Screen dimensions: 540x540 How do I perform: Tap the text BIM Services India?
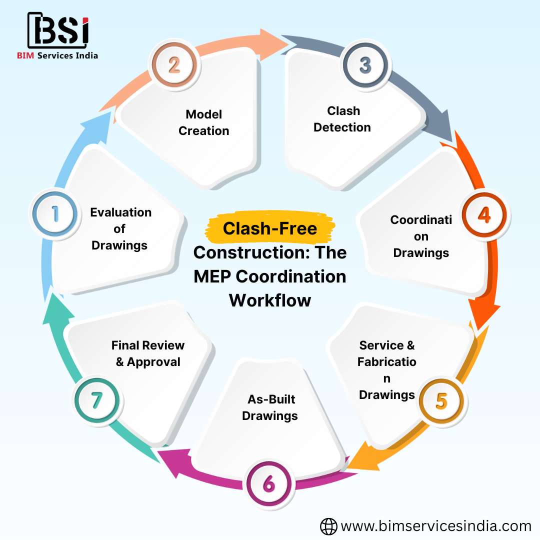pyautogui.click(x=57, y=55)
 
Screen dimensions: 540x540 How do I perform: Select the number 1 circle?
pyautogui.click(x=55, y=214)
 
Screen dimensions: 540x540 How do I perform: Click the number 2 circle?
pyautogui.click(x=174, y=65)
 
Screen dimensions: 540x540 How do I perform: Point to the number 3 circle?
pyautogui.click(x=365, y=65)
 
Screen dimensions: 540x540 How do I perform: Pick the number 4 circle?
pyautogui.click(x=483, y=214)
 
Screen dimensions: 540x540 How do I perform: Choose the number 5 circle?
pyautogui.click(x=441, y=401)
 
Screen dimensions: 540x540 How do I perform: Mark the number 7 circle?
pyautogui.click(x=96, y=401)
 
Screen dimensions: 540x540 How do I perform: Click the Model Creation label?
pyautogui.click(x=204, y=122)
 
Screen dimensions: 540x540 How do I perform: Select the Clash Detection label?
pyautogui.click(x=342, y=119)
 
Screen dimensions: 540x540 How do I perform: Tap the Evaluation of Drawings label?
pyautogui.click(x=120, y=228)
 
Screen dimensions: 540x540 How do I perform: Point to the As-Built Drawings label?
pyautogui.click(x=270, y=407)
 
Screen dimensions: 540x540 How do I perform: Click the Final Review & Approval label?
pyautogui.click(x=148, y=353)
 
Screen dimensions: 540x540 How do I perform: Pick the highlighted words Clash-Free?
pyautogui.click(x=270, y=228)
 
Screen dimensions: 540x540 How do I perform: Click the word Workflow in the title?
pyautogui.click(x=270, y=300)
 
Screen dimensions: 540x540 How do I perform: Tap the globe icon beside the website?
pyautogui.click(x=328, y=526)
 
